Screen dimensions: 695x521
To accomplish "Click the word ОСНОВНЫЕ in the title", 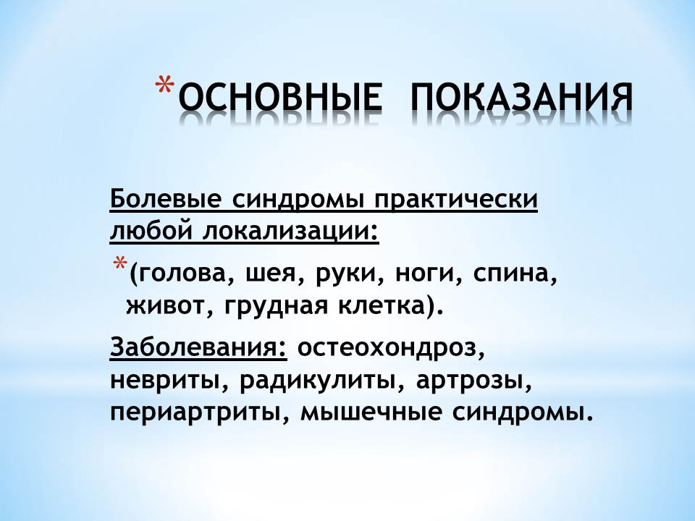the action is point(280,96).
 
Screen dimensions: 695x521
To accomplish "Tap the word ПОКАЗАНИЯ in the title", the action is point(522,96).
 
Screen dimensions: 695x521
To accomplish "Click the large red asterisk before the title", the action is point(165,85).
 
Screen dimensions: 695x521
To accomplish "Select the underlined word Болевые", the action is point(165,200).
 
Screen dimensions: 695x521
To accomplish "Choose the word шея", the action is point(275,275).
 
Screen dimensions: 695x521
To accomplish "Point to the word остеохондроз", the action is point(390,348).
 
